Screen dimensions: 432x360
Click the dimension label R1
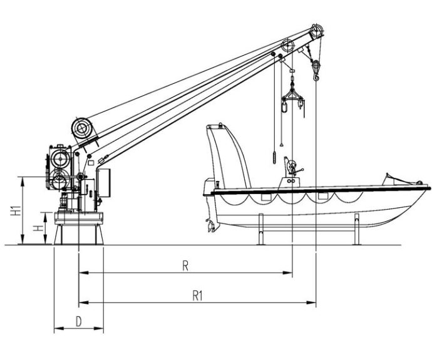point(198,296)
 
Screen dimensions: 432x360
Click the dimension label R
point(185,266)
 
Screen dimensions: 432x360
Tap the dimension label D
point(79,321)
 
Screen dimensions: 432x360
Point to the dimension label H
point(38,228)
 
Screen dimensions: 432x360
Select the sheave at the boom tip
point(316,31)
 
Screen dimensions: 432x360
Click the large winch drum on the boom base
point(82,128)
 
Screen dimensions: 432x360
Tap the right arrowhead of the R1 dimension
point(312,302)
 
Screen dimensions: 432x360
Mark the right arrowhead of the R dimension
point(287,273)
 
